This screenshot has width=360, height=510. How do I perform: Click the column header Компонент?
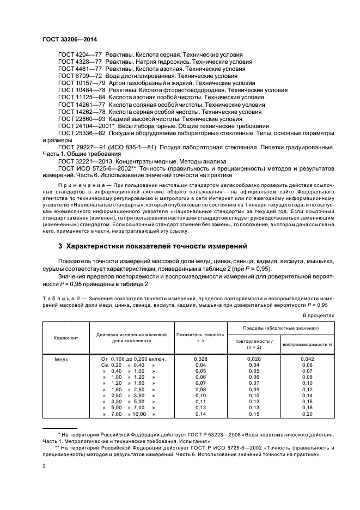coord(66,338)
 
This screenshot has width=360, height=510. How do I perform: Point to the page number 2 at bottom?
coord(44,466)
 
